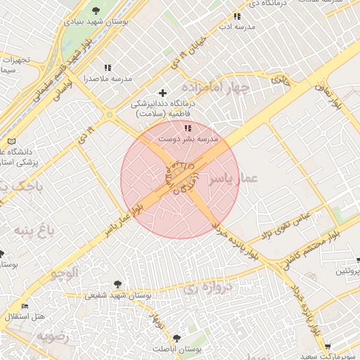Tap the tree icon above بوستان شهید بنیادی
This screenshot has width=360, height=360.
click(96, 10)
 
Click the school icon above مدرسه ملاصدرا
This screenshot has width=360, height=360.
click(108, 67)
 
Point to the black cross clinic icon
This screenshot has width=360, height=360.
click(163, 93)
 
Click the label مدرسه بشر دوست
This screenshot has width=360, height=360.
click(188, 139)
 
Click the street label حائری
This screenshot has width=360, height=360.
click(281, 79)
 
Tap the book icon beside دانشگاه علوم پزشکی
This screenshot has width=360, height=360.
click(11, 141)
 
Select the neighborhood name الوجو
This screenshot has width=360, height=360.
click(64, 273)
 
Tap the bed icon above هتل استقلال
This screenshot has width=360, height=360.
click(26, 306)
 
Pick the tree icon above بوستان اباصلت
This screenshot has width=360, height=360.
click(176, 337)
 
